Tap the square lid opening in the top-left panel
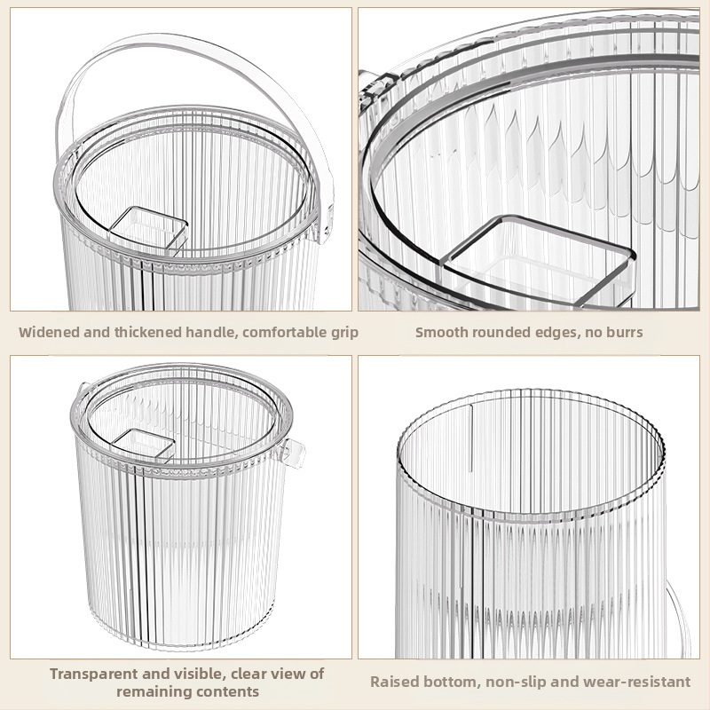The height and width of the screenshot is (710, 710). [149, 229]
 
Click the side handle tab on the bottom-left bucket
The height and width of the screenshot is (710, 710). [294, 453]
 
